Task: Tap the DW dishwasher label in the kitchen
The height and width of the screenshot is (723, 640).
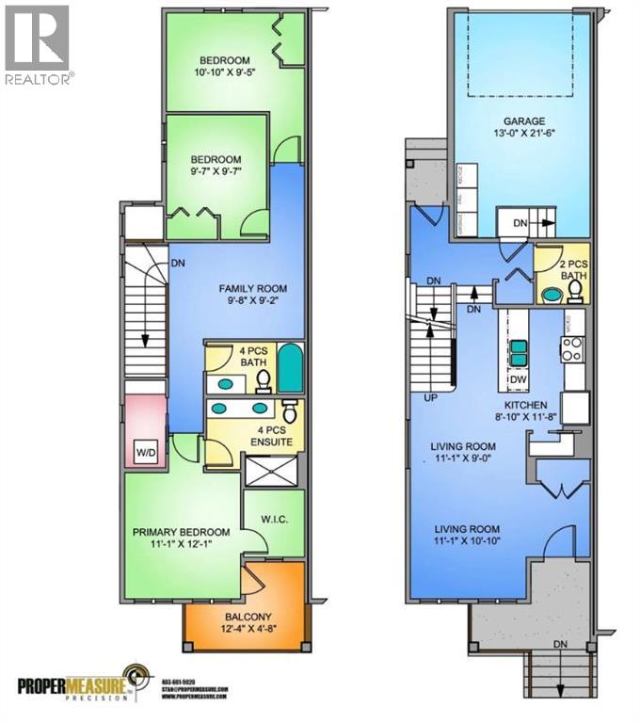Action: pyautogui.click(x=517, y=379)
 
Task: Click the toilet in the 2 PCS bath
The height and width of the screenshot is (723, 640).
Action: pyautogui.click(x=552, y=293)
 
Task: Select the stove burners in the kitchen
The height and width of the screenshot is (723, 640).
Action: pyautogui.click(x=573, y=349)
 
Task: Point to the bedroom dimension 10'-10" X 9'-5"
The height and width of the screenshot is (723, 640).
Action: pyautogui.click(x=225, y=70)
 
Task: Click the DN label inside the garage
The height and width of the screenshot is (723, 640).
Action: pyautogui.click(x=519, y=223)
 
